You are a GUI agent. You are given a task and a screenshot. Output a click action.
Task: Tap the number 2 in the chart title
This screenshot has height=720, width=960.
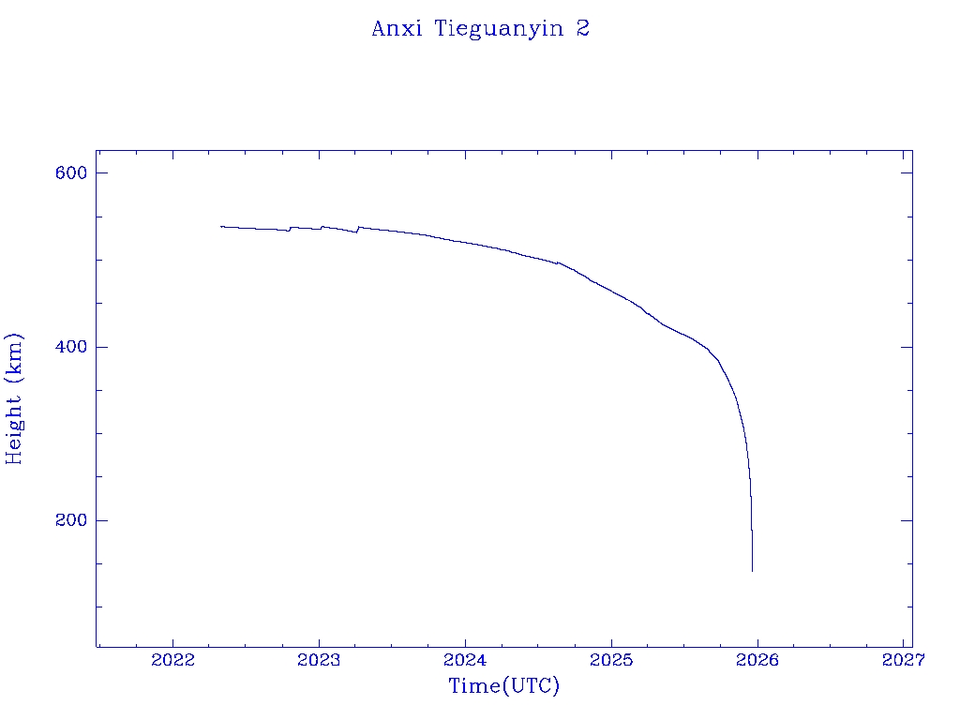point(583,29)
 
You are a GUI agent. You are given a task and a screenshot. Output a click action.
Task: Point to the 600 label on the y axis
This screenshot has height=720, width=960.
point(70,173)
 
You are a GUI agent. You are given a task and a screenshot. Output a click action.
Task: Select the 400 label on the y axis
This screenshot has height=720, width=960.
point(70,347)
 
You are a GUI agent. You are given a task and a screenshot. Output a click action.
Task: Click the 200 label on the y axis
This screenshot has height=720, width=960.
point(70,520)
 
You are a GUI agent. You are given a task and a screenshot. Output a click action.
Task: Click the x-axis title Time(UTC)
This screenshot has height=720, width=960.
point(504,686)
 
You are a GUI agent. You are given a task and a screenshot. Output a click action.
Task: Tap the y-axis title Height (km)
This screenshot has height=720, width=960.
point(14,398)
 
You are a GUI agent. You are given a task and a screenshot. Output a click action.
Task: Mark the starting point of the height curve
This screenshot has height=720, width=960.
point(221,226)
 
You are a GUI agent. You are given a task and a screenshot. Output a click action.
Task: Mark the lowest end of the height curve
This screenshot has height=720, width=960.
point(752,570)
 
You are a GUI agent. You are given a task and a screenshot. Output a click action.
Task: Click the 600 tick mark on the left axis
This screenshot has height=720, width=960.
point(101,173)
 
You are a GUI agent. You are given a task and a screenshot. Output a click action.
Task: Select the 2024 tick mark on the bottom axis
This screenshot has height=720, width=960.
point(465,641)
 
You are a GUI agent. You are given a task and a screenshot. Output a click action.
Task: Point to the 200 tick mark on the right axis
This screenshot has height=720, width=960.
point(907,520)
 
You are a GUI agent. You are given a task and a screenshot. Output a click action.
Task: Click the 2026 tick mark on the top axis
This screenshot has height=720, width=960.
point(757,155)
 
